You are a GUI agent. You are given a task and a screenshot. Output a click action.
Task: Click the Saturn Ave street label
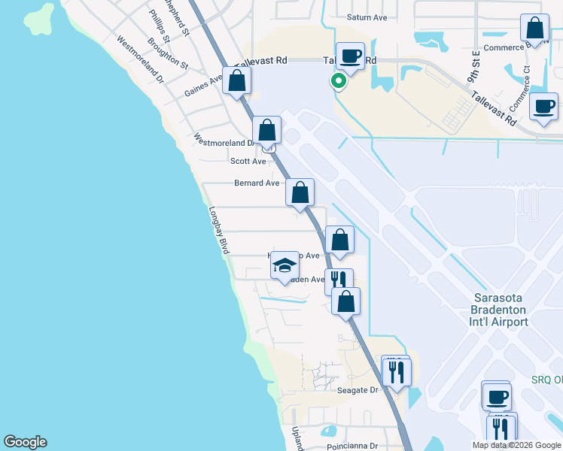(x=367, y=17)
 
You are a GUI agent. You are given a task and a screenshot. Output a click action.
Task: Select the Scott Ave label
(x=248, y=161)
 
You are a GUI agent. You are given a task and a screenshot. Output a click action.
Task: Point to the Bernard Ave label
(x=257, y=183)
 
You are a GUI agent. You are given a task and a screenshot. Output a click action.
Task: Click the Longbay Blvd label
(x=219, y=230)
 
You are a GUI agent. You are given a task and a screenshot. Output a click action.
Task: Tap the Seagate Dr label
(x=358, y=390)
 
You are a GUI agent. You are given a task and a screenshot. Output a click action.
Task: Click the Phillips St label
(x=160, y=26)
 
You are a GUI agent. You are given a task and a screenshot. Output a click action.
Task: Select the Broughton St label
(x=168, y=53)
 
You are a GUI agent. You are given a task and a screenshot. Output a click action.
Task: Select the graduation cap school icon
(x=285, y=265)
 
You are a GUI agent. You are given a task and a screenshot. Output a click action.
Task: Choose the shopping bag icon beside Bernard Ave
(x=300, y=192)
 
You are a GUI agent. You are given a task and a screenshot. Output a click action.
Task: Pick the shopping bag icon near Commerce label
(x=534, y=29)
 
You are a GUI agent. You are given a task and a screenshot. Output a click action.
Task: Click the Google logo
(x=25, y=442)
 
